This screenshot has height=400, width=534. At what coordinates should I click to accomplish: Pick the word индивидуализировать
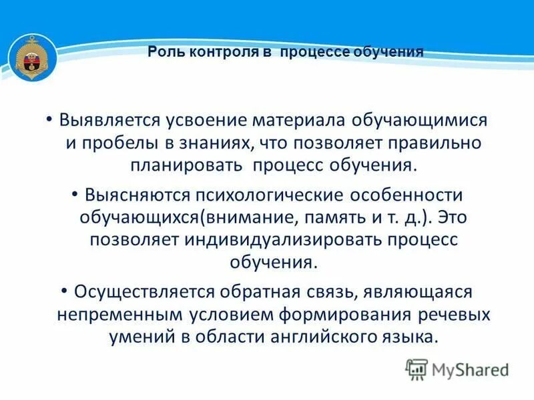[270, 239]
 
